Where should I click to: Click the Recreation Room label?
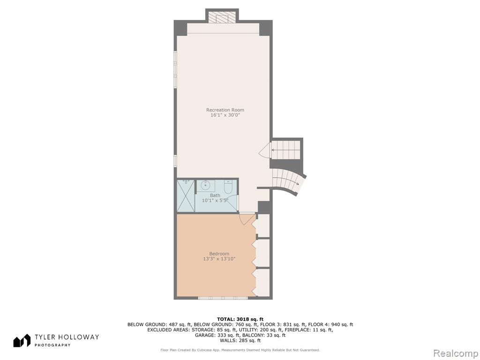click(x=225, y=110)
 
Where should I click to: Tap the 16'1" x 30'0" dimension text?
click(x=225, y=115)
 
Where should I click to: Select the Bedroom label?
click(x=219, y=254)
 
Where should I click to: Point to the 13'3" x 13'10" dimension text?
click(x=219, y=259)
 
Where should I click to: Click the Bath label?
click(x=215, y=195)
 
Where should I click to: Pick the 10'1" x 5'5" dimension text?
click(x=215, y=201)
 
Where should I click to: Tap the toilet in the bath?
click(x=228, y=187)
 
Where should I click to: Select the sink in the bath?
click(x=205, y=186)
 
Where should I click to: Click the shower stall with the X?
click(x=186, y=196)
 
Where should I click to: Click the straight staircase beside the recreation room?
click(x=285, y=150)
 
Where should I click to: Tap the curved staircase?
click(x=289, y=182)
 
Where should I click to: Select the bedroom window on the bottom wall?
click(x=223, y=298)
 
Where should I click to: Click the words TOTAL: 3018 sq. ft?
click(x=240, y=319)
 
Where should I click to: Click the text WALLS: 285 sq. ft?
click(x=240, y=340)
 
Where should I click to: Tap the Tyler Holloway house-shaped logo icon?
click(x=22, y=340)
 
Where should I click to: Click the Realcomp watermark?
click(x=455, y=353)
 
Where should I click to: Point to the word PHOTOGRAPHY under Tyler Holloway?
click(x=52, y=345)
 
